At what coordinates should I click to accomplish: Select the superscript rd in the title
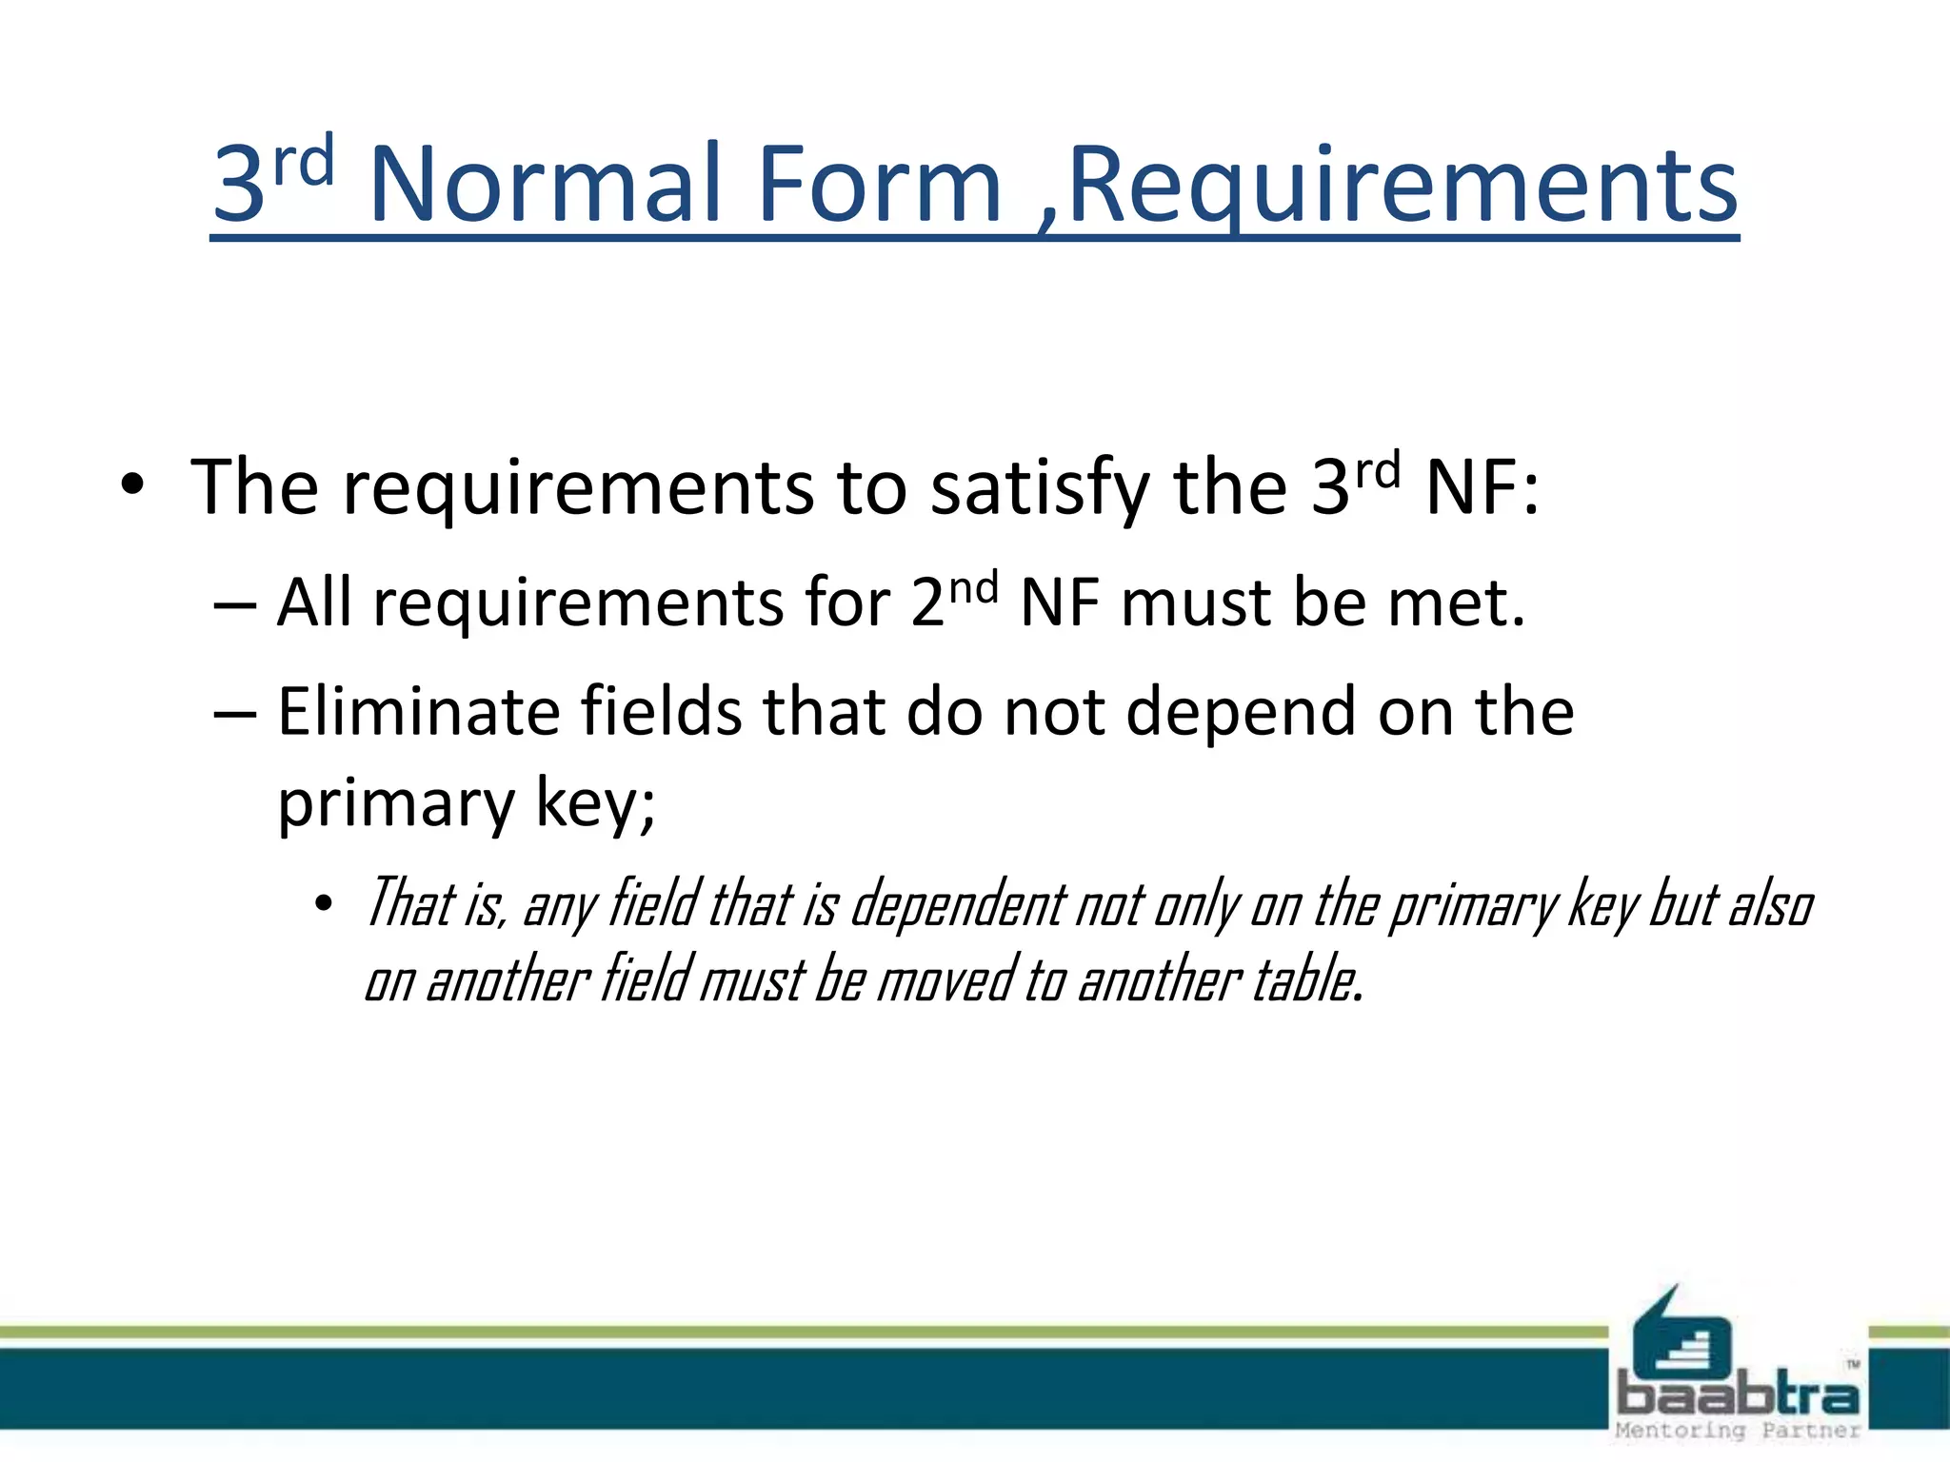click(x=304, y=160)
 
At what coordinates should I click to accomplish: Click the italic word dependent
click(x=957, y=904)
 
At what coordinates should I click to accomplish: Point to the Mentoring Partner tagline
click(x=1738, y=1431)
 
